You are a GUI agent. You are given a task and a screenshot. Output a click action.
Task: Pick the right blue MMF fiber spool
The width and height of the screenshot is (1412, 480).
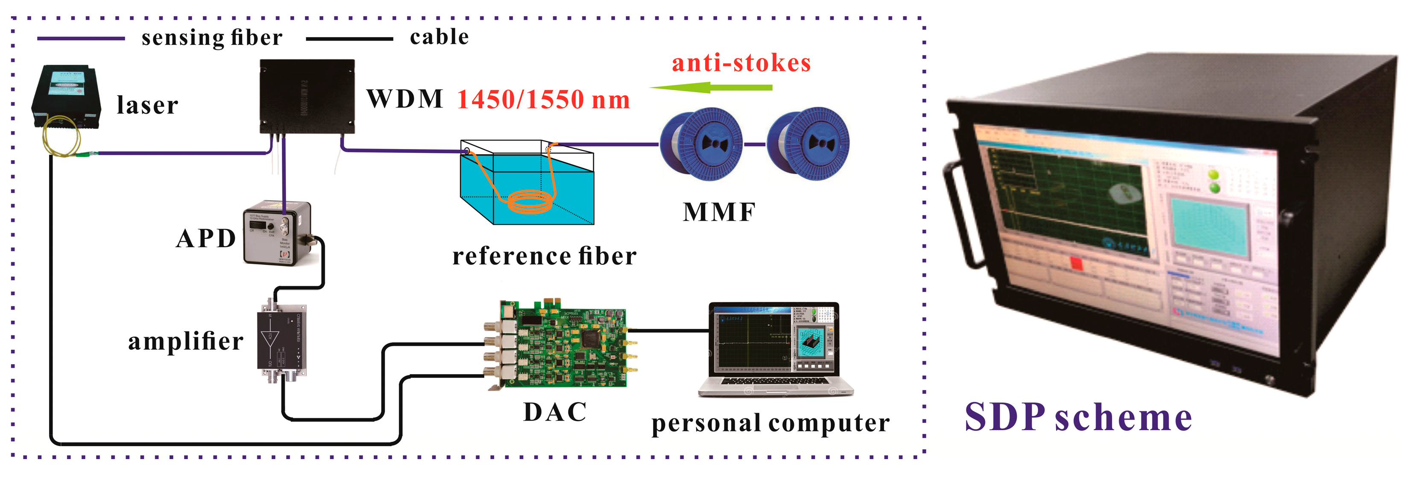click(x=808, y=143)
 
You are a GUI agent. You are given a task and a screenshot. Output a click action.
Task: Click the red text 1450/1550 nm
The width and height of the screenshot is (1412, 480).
click(x=543, y=100)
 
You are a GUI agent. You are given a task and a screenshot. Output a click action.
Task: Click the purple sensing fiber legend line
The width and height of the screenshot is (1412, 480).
click(x=81, y=38)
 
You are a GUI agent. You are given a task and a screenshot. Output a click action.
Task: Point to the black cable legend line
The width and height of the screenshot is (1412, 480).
click(x=349, y=38)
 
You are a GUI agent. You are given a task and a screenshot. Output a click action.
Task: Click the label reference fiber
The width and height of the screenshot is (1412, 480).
click(x=544, y=256)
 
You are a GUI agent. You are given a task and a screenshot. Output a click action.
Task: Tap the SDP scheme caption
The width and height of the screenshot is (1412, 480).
click(x=1078, y=418)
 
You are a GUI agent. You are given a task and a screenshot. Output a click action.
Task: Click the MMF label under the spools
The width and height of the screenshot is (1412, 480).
click(x=719, y=212)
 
